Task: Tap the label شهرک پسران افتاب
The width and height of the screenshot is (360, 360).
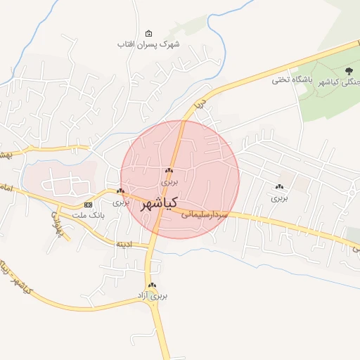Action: click(149, 44)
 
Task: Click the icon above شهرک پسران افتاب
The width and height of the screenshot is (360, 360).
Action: click(148, 33)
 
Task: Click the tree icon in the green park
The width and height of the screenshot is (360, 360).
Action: click(349, 70)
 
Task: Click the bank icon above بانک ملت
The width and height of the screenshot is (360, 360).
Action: click(88, 205)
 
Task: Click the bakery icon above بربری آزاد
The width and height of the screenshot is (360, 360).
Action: click(152, 285)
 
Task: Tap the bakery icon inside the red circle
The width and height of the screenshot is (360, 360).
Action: click(169, 171)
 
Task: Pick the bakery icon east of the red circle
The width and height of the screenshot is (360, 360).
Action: click(280, 187)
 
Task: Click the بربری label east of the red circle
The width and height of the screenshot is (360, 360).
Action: click(280, 198)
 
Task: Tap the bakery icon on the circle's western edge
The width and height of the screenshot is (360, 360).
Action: click(121, 191)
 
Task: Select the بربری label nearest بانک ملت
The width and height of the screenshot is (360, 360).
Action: click(121, 202)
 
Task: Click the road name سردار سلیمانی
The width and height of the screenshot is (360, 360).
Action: click(205, 214)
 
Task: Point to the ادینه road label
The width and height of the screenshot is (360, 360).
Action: click(124, 244)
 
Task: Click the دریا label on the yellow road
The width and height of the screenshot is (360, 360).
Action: click(199, 103)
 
